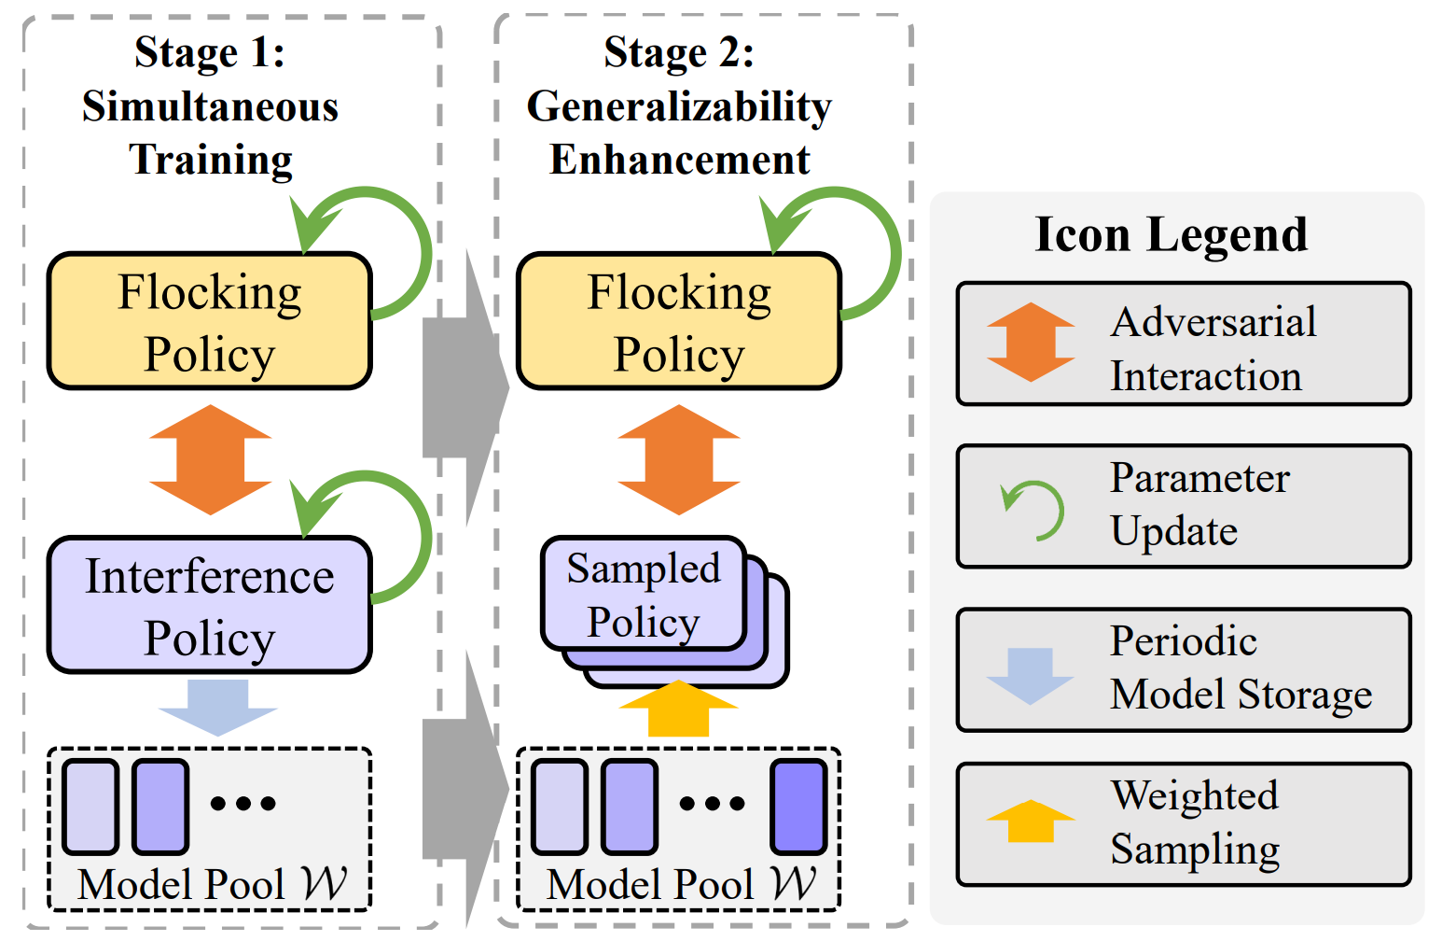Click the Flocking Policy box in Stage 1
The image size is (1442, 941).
[x=210, y=321]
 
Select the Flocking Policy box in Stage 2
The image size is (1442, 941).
[x=679, y=321]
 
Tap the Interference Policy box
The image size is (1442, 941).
[x=210, y=605]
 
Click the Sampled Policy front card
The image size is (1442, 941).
[x=644, y=594]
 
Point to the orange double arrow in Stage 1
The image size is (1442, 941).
[x=211, y=459]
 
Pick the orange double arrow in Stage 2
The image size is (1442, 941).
[x=679, y=459]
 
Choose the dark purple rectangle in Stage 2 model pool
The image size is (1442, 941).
[x=798, y=807]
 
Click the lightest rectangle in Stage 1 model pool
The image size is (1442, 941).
[x=90, y=807]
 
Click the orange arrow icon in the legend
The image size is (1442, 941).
[x=1031, y=342]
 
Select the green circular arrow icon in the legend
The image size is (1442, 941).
[x=1033, y=510]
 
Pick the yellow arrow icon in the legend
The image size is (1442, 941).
[x=1031, y=822]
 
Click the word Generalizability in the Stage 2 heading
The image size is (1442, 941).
[x=679, y=106]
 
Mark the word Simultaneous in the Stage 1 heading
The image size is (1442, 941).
[x=210, y=106]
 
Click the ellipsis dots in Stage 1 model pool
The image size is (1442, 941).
[x=243, y=803]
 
